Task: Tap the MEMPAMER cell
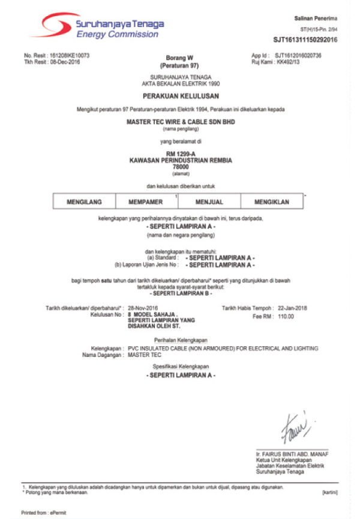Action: [x=146, y=202]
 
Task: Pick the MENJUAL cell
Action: [x=209, y=202]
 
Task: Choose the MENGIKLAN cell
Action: [x=272, y=202]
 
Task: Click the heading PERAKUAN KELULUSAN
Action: [x=181, y=96]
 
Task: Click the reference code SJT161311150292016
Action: [x=305, y=40]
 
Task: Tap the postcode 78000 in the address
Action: [x=181, y=167]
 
